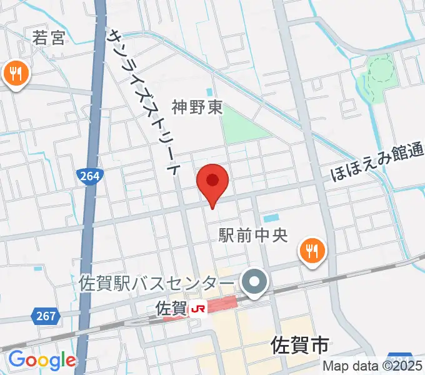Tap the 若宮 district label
click(x=49, y=38)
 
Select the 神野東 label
click(x=198, y=108)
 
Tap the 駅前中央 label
click(x=252, y=236)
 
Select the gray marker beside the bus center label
click(x=254, y=282)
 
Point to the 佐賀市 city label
click(x=300, y=344)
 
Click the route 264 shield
click(x=90, y=176)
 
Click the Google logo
click(x=42, y=360)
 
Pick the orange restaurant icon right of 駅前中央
click(x=311, y=251)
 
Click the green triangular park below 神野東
click(x=237, y=124)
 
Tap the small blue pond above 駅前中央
click(x=271, y=219)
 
